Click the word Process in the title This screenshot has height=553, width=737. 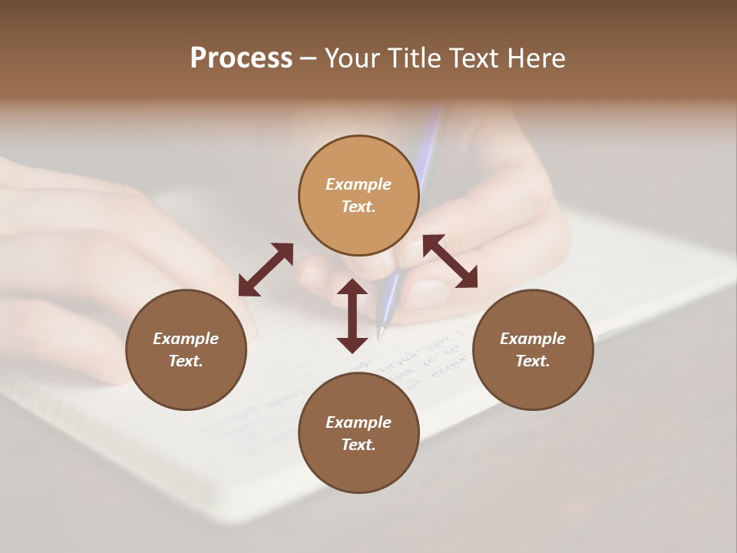(x=241, y=58)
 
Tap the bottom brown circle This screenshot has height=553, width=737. (x=359, y=469)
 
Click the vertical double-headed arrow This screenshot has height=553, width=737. (x=352, y=316)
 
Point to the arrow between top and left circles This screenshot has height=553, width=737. (x=266, y=270)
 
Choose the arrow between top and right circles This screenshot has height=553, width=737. (x=450, y=261)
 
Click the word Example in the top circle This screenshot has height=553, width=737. (x=359, y=184)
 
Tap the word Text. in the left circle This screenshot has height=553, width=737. (x=186, y=361)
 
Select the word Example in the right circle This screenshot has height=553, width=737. (x=532, y=339)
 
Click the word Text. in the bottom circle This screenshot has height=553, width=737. (x=359, y=445)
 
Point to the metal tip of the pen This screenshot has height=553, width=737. (x=380, y=332)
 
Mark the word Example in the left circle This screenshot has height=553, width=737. (x=186, y=339)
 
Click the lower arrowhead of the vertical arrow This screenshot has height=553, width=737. (x=352, y=345)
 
